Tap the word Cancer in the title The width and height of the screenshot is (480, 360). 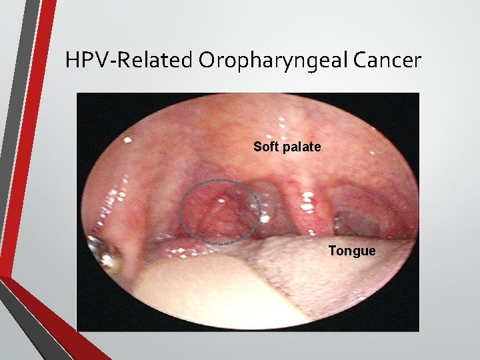pos(388,61)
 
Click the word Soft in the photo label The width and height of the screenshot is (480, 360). pos(265,146)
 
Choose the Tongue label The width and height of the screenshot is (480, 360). pos(351,251)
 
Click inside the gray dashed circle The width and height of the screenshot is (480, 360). pos(219,210)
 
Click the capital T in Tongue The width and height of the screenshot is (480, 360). pos(331,251)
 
